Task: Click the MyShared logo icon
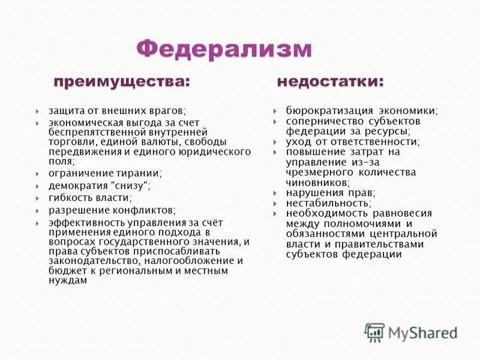coord(374,332)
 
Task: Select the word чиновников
coord(316,182)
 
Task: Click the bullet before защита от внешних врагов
coord(37,111)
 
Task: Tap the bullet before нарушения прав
coord(274,193)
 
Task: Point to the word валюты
coord(160,142)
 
